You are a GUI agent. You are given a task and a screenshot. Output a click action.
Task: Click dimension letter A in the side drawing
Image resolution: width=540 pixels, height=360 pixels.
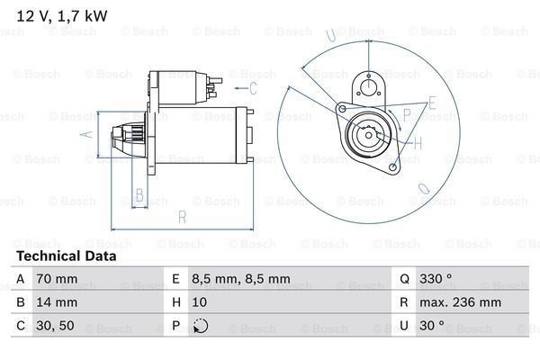[87, 134]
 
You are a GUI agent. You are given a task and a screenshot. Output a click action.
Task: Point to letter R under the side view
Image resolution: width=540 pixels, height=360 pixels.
[183, 217]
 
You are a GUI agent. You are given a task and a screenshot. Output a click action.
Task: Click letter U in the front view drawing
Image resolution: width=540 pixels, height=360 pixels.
[331, 37]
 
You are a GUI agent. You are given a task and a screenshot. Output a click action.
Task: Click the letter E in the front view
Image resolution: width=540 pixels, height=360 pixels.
[433, 103]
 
